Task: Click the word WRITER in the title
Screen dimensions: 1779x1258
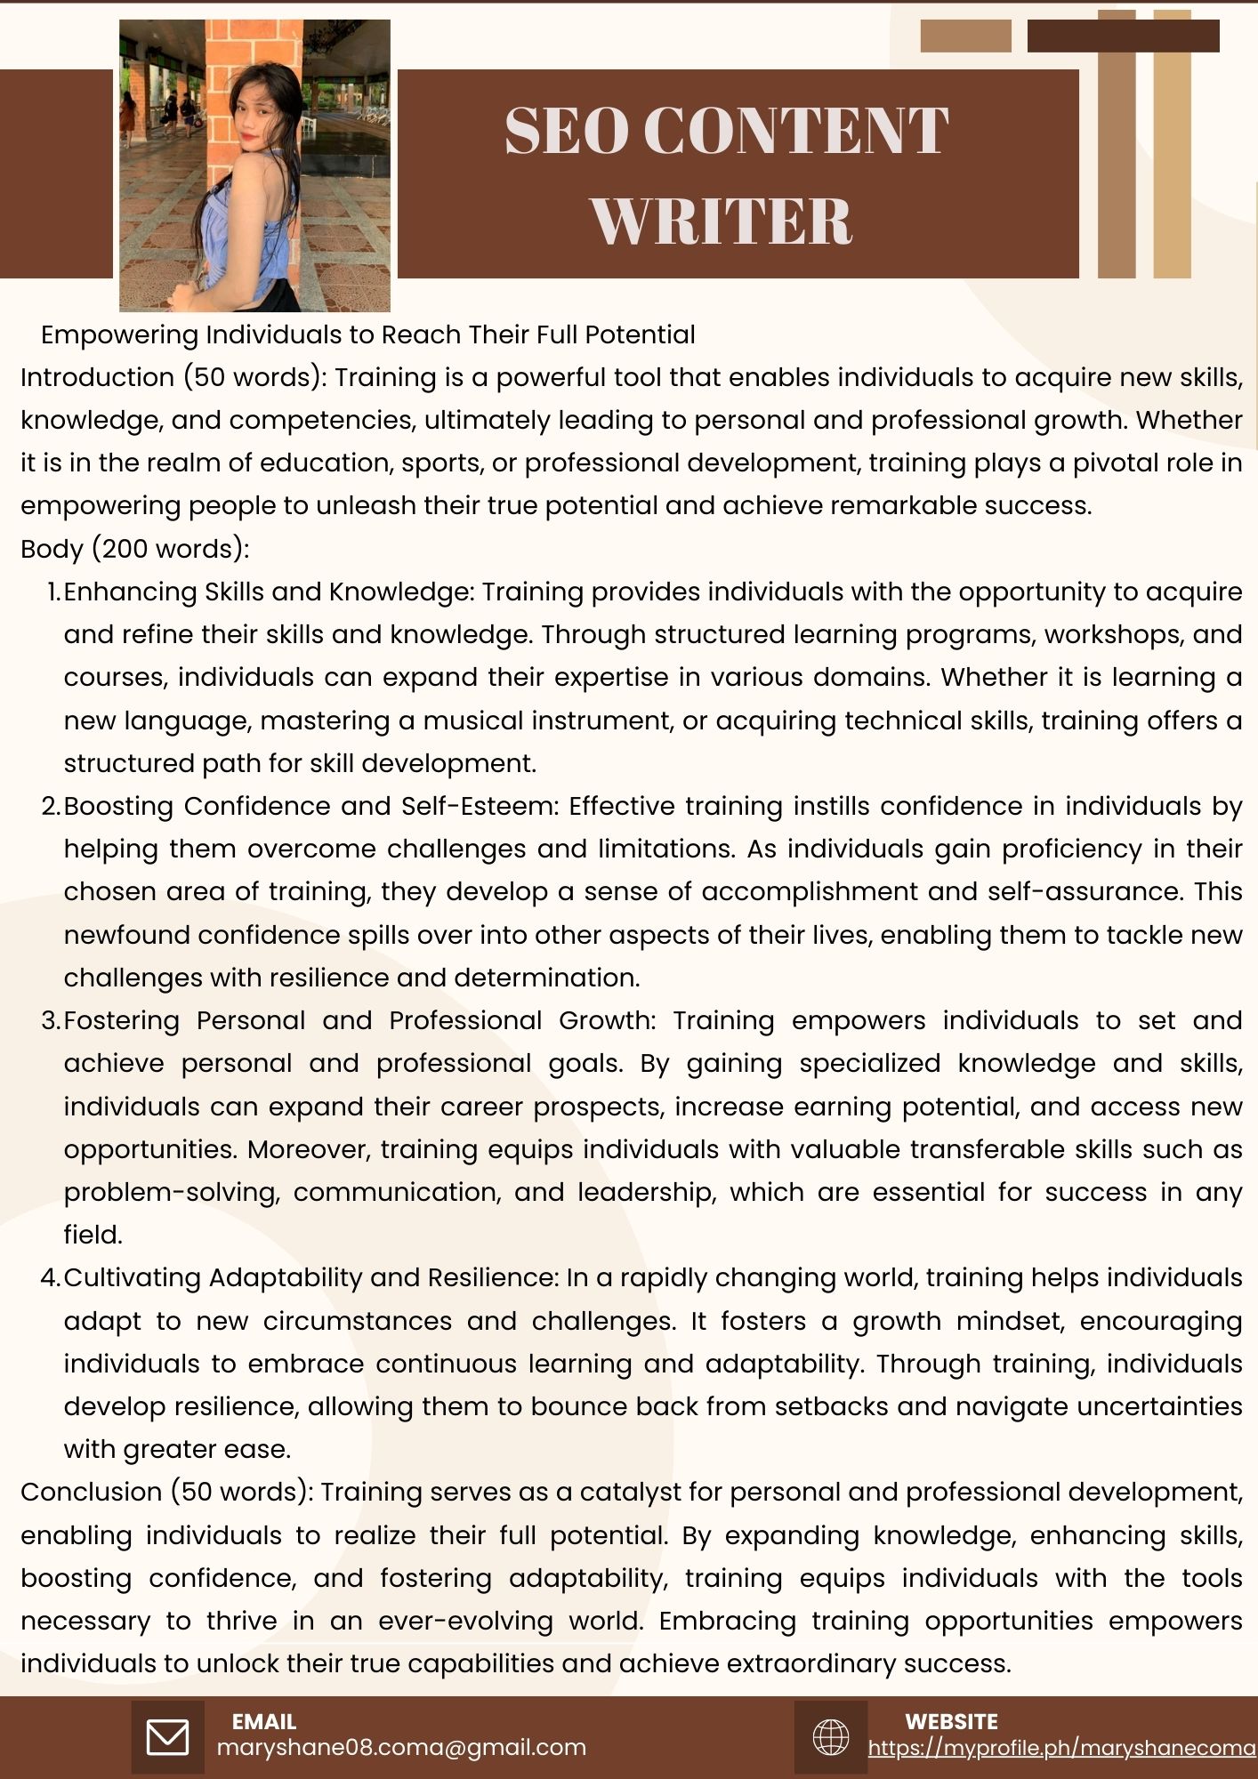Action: [722, 220]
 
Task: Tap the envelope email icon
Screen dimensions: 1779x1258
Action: [167, 1737]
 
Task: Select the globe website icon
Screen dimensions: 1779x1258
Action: [831, 1737]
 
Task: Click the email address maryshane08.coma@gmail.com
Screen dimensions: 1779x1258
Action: [401, 1748]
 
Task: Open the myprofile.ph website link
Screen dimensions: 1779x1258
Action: [1062, 1749]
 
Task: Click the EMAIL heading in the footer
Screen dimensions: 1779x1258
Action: [263, 1722]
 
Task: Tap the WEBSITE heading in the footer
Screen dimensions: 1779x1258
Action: [951, 1722]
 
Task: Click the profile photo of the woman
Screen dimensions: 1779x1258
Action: [254, 165]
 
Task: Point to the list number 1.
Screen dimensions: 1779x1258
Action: [52, 592]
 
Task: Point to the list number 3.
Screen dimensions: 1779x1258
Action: [50, 1021]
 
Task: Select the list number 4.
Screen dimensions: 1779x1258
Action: [50, 1278]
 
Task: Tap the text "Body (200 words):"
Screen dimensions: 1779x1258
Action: [134, 549]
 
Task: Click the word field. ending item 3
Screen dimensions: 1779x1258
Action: [93, 1236]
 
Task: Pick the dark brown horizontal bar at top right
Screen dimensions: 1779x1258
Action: [1123, 36]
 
